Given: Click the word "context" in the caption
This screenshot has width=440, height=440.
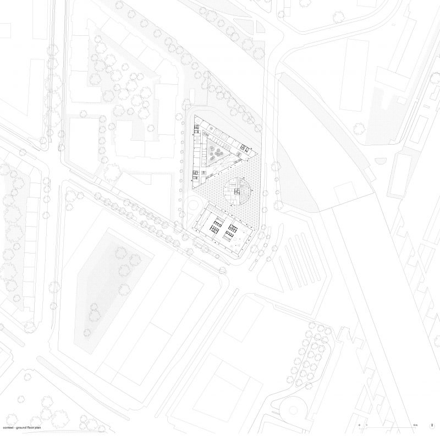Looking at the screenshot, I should pos(7,427).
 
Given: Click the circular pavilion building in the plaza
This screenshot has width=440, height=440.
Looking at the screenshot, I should pos(237,190).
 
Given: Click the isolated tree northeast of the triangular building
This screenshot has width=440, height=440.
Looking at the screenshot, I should pos(359,128).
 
